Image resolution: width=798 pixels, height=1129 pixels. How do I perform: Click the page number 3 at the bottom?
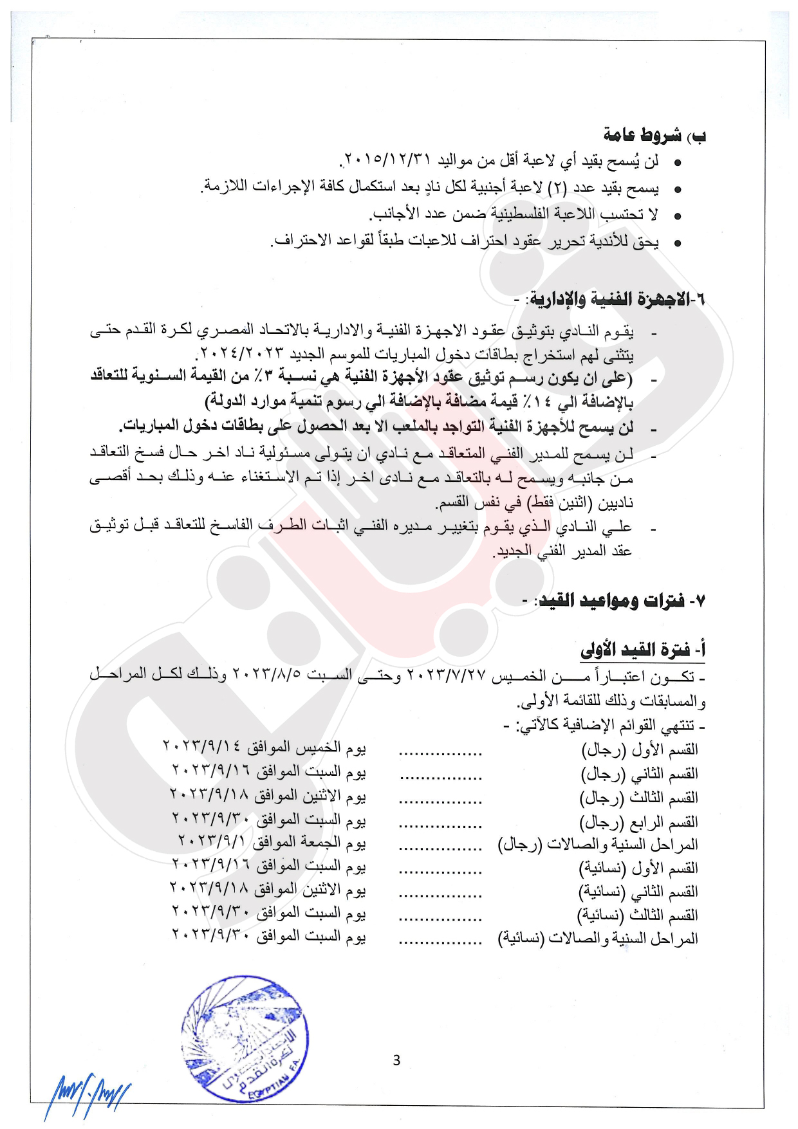coord(396,1060)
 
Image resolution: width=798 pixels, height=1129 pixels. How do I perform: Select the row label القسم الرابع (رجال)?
coord(639,822)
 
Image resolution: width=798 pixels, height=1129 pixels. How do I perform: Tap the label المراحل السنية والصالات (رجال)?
coord(598,844)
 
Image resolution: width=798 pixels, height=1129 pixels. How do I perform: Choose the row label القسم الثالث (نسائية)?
coord(639,915)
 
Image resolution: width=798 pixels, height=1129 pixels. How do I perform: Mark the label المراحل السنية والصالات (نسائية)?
coord(598,939)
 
